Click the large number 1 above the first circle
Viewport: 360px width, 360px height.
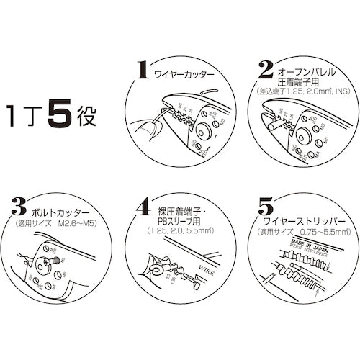pos(143,71)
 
